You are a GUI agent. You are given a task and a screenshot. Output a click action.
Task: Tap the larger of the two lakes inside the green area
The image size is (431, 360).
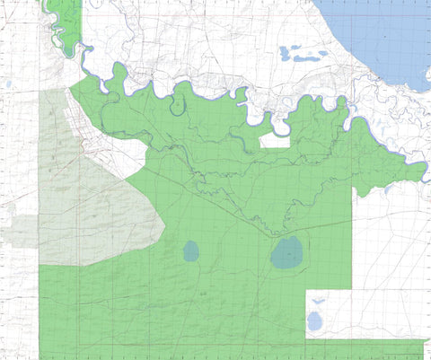(x=287, y=255)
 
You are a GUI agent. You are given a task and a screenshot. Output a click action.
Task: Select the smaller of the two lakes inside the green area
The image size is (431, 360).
(x=191, y=250)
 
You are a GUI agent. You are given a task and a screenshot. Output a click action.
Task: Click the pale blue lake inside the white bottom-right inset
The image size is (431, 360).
(x=314, y=320)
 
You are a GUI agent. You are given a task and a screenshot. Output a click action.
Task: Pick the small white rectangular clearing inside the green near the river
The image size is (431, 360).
(x=275, y=140)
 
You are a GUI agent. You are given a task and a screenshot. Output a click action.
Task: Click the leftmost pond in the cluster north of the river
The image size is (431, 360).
(x=285, y=51)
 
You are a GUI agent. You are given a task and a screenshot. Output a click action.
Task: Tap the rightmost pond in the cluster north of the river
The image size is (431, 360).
(x=323, y=54)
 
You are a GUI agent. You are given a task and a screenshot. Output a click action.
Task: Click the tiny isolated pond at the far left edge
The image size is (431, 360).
(x=8, y=84)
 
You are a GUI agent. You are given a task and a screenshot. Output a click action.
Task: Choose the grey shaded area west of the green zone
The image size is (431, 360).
(x=90, y=206)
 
